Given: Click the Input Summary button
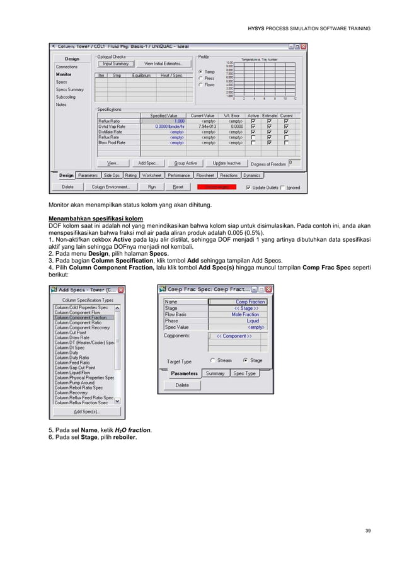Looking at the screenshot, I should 115,64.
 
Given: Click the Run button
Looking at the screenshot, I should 151,187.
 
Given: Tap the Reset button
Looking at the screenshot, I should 178,187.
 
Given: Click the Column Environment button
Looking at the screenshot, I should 111,187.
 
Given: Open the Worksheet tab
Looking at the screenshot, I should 151,175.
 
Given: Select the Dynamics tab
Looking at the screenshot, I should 251,175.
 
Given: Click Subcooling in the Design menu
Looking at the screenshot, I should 66,97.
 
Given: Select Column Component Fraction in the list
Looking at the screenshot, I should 84,317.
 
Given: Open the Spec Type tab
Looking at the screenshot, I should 244,373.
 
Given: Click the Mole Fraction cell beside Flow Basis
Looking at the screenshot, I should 245,314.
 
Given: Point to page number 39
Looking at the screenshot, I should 367,531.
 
